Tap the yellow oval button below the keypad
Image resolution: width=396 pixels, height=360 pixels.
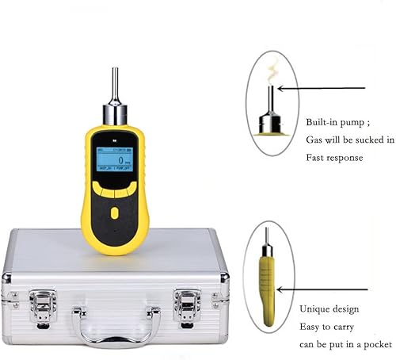115,213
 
